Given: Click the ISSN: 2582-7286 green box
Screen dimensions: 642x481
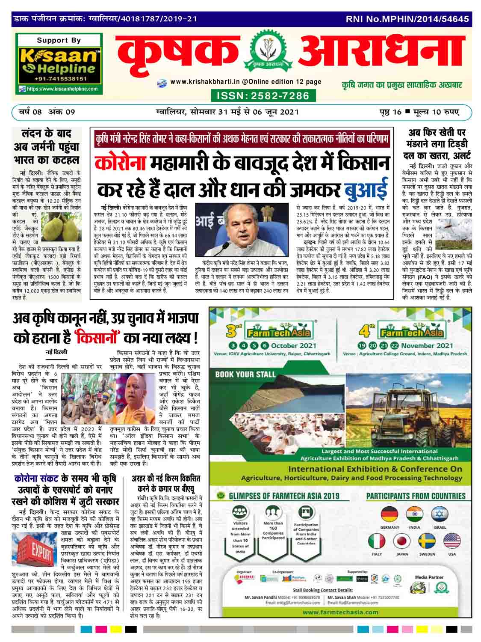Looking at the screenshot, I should click(x=263, y=95).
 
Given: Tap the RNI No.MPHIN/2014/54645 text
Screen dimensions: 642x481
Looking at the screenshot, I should click(x=407, y=19).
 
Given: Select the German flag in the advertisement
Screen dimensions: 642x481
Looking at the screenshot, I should click(x=389, y=514).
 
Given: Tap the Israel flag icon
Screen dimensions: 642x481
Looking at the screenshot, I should click(x=440, y=514).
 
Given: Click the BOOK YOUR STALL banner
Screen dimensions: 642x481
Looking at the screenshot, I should click(x=245, y=374).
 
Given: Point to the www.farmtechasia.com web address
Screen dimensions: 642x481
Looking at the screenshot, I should click(x=340, y=612).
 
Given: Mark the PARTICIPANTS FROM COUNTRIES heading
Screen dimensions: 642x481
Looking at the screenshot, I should click(x=416, y=496).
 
